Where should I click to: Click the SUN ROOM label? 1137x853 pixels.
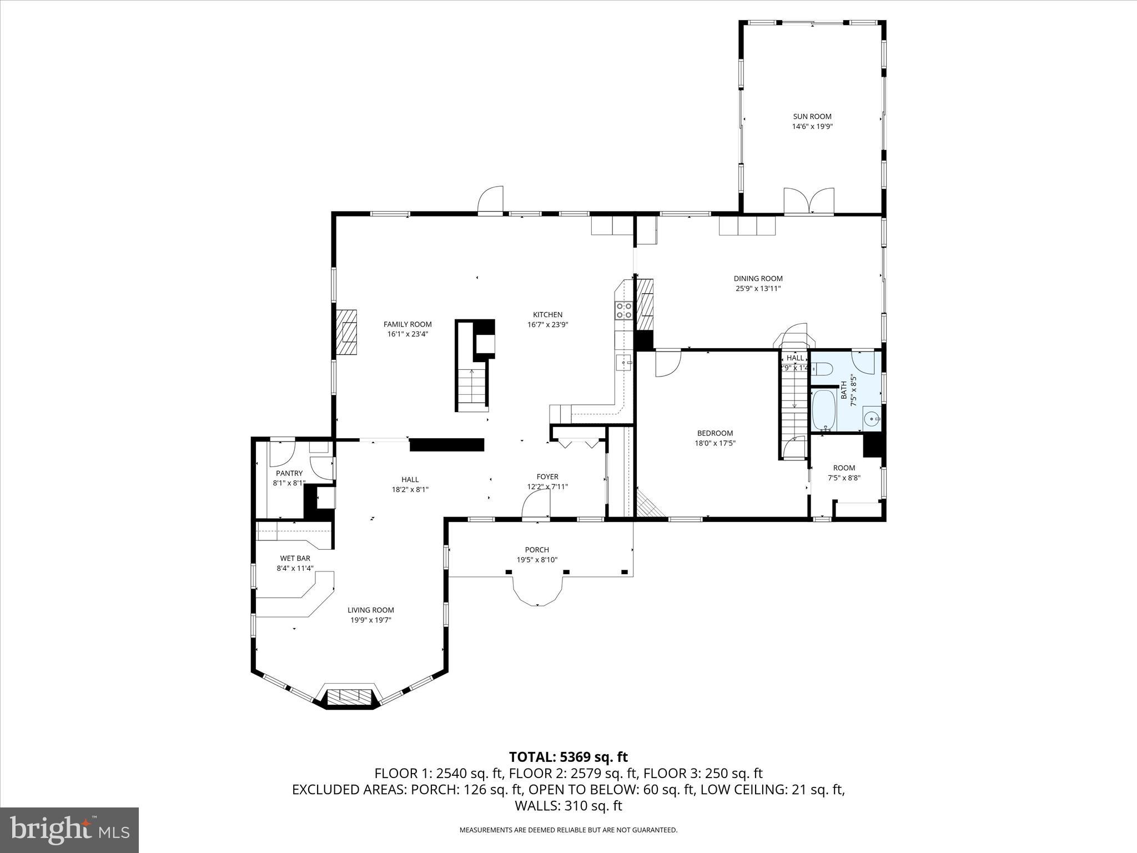coord(812,117)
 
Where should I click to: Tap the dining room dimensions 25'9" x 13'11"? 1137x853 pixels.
coord(758,288)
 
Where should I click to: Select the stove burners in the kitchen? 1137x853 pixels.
coord(623,310)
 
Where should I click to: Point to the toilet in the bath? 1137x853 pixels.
coord(822,368)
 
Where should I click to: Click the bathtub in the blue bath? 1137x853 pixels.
coord(822,410)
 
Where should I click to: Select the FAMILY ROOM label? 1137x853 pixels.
coord(407,324)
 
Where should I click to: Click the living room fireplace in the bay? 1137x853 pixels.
coord(349,696)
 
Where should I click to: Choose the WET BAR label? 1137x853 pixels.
coord(295,558)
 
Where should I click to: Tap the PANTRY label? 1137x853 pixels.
coord(289,473)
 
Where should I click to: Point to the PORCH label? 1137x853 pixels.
coord(537,550)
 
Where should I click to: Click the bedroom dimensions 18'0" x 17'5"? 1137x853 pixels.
coord(715,443)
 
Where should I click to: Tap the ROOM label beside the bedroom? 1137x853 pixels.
coord(844,468)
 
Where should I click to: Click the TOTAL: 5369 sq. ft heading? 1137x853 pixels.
coord(568,757)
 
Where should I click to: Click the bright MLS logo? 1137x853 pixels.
coord(69,830)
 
